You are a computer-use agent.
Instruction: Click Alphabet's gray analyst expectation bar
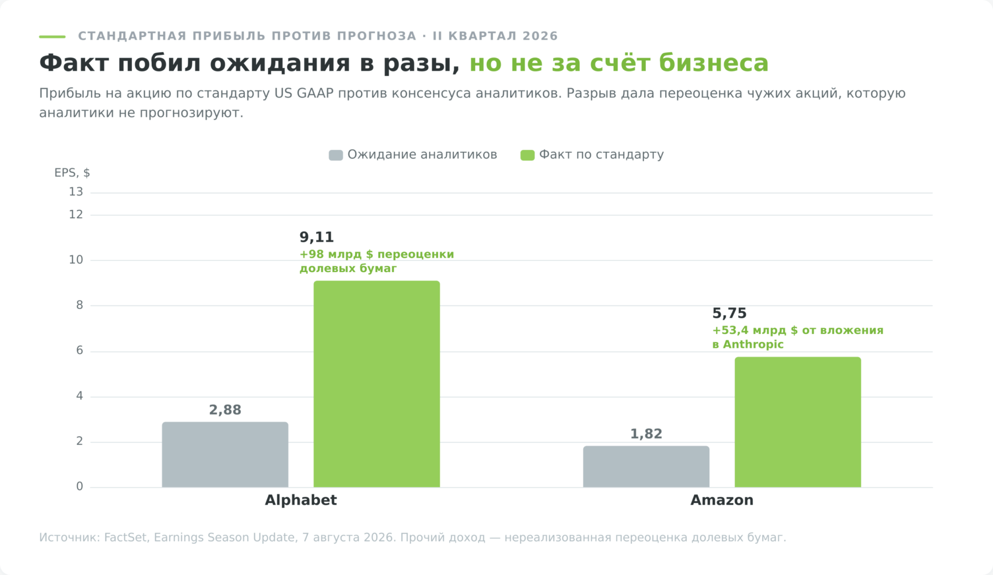pyautogui.click(x=225, y=455)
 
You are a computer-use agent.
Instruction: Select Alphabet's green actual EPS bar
pyautogui.click(x=377, y=384)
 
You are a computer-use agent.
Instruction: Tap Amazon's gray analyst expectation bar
pyautogui.click(x=646, y=467)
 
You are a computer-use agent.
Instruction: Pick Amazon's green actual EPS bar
pyautogui.click(x=798, y=422)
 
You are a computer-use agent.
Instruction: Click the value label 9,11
pyautogui.click(x=317, y=237)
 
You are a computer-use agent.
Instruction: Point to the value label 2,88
pyautogui.click(x=225, y=410)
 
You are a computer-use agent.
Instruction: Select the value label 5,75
pyautogui.click(x=729, y=313)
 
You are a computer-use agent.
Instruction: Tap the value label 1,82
pyautogui.click(x=646, y=434)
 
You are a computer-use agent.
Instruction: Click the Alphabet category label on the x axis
pyautogui.click(x=301, y=500)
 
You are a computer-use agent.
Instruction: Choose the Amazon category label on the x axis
pyautogui.click(x=722, y=500)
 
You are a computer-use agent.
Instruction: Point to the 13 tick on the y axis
pyautogui.click(x=76, y=192)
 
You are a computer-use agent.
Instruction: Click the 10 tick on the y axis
pyautogui.click(x=76, y=260)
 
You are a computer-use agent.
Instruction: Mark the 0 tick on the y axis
pyautogui.click(x=80, y=487)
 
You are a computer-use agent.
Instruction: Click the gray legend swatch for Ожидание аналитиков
pyautogui.click(x=336, y=155)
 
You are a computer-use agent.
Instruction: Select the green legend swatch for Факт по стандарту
pyautogui.click(x=527, y=155)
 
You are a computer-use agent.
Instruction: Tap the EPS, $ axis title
pyautogui.click(x=72, y=173)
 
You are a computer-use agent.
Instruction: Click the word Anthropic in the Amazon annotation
pyautogui.click(x=753, y=345)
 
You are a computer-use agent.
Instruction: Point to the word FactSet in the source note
pyautogui.click(x=126, y=538)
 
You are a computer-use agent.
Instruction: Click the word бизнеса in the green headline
pyautogui.click(x=713, y=63)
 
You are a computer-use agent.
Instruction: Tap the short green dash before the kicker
pyautogui.click(x=52, y=36)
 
